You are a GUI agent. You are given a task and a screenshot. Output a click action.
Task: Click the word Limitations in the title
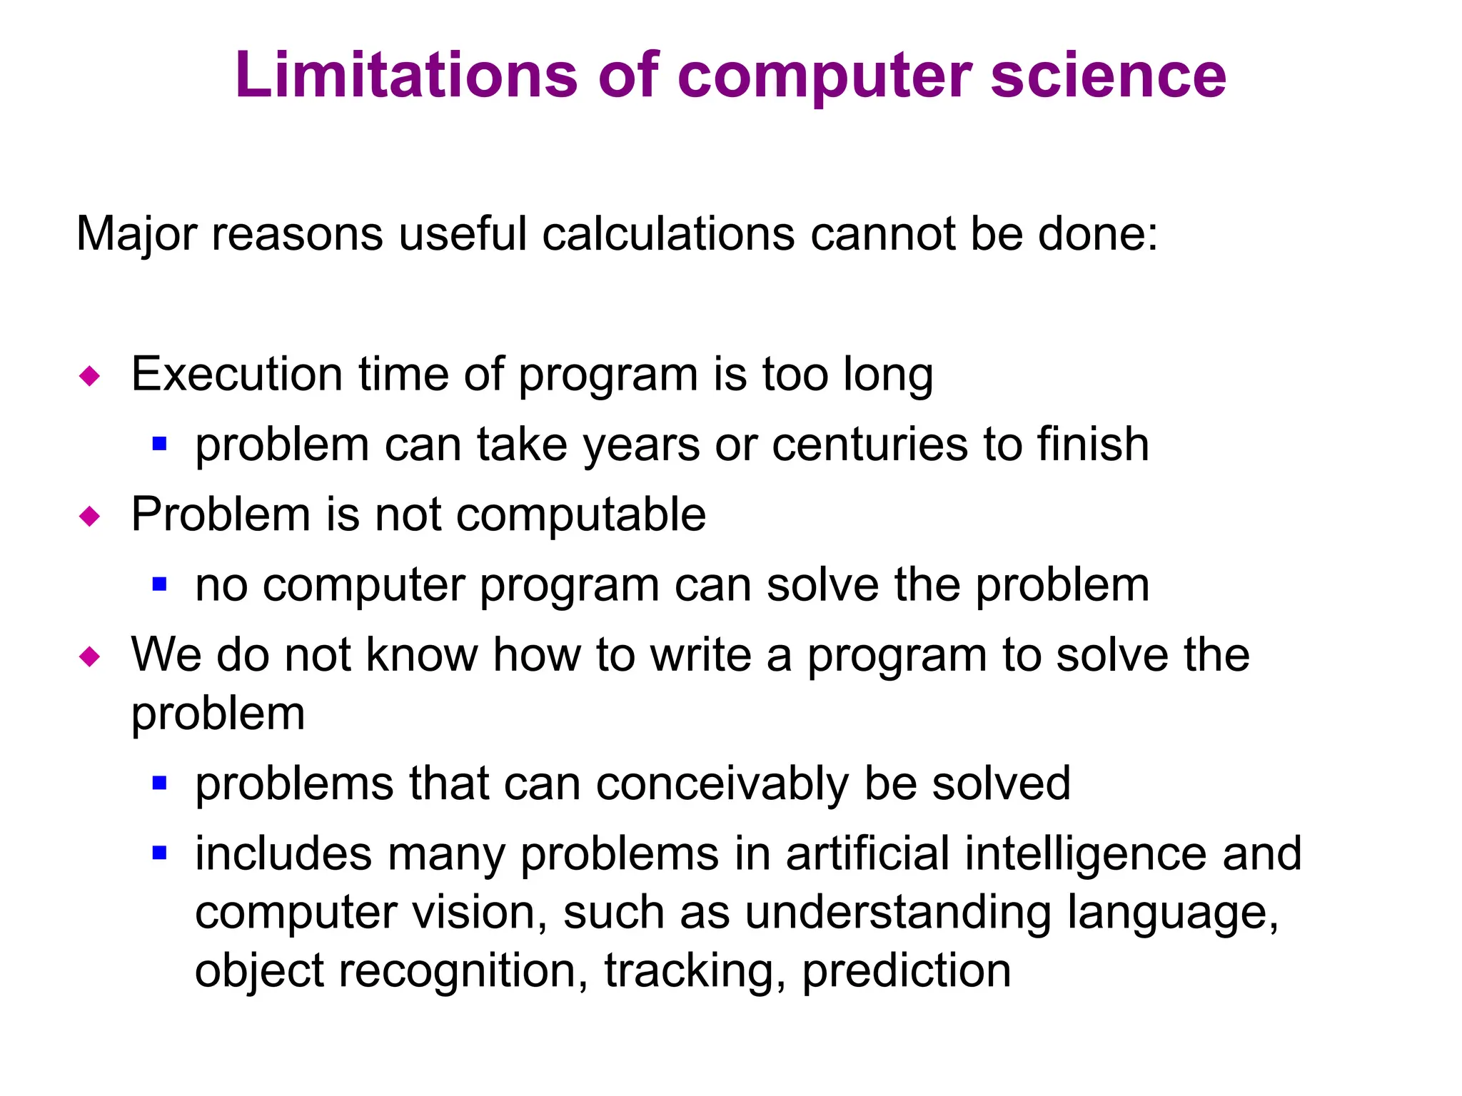(x=406, y=75)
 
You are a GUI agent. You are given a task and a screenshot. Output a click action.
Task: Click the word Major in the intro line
(x=136, y=234)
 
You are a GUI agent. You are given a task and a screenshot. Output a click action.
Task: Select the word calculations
(x=668, y=234)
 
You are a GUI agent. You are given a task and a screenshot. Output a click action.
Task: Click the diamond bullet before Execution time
(x=90, y=375)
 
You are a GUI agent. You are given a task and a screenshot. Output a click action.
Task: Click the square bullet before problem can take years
(x=159, y=445)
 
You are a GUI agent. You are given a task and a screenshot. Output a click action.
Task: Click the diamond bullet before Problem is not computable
(x=90, y=516)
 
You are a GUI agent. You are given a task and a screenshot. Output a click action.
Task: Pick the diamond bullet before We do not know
(x=90, y=656)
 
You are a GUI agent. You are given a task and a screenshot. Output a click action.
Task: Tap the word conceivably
(x=722, y=783)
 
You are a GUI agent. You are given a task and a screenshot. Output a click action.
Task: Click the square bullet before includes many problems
(x=159, y=853)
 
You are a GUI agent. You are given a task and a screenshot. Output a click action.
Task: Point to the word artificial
(x=867, y=853)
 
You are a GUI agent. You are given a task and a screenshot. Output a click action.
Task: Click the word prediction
(x=906, y=971)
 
